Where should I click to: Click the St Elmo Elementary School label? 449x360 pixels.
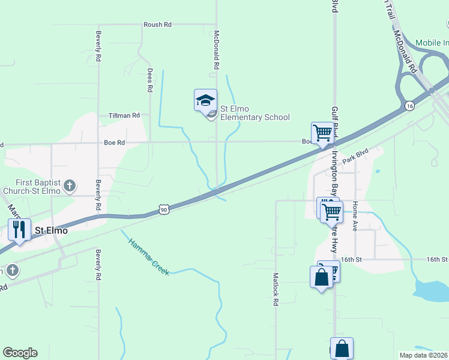click(255, 113)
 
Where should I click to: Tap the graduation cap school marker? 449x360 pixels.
click(205, 100)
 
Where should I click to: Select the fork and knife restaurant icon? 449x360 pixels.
click(19, 229)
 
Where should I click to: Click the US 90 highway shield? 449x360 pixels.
click(164, 209)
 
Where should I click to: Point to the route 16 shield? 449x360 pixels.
click(409, 106)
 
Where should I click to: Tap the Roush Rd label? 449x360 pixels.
click(157, 25)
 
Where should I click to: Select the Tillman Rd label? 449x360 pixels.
click(124, 115)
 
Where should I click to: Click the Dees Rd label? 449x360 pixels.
click(150, 80)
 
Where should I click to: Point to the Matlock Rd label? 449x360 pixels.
click(276, 290)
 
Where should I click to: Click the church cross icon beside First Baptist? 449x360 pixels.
click(69, 186)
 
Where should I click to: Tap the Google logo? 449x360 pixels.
click(20, 353)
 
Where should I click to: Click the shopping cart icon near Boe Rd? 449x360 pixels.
click(322, 133)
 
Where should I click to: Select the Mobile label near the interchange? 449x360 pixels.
click(433, 43)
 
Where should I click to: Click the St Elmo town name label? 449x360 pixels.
click(51, 230)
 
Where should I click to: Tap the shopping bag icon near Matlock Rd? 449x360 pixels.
click(321, 277)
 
